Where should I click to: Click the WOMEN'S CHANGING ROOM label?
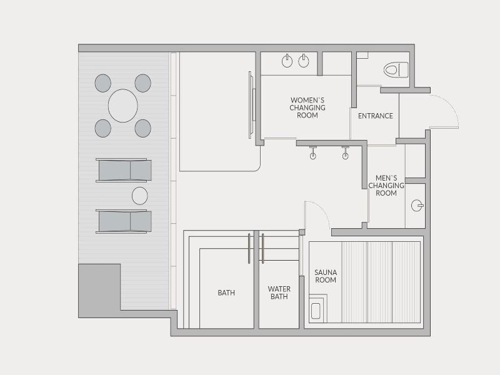tap(307, 107)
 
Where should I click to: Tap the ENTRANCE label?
tap(376, 116)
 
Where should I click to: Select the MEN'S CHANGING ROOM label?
tap(386, 186)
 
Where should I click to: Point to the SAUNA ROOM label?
tap(325, 276)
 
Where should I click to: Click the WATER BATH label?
tap(279, 292)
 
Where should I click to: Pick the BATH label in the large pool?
tap(226, 292)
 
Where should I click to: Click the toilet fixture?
tap(396, 70)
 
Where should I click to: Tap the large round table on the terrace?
tap(122, 106)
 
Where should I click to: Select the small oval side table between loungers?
tap(139, 196)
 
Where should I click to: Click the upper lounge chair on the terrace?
tap(124, 170)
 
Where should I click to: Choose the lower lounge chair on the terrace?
tap(124, 221)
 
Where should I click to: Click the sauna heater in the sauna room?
tap(316, 311)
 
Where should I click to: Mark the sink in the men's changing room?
tap(417, 206)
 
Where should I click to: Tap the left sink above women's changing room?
tap(287, 61)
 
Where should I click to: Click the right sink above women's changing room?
tap(304, 61)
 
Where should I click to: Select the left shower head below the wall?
tap(313, 152)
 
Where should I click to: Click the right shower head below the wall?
tap(346, 152)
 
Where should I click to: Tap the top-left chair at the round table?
tap(103, 83)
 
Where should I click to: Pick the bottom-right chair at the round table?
tap(143, 128)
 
